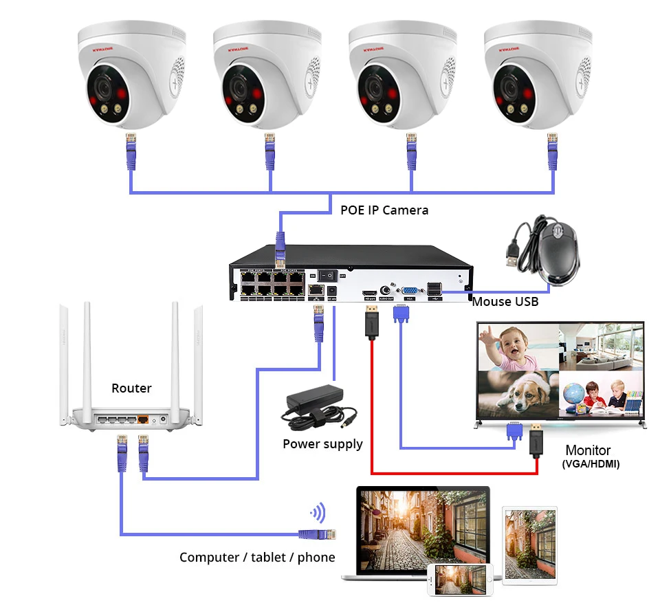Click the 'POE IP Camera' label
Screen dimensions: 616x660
coord(384,210)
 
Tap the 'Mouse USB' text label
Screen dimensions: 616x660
coord(505,301)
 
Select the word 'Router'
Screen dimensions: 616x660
coord(131,388)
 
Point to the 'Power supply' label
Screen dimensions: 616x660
coord(322,444)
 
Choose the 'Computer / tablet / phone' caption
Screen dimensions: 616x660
coord(257,557)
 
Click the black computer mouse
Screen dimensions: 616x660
coord(558,252)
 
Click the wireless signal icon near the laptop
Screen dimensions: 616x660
coord(318,512)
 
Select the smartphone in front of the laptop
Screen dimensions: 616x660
coord(461,580)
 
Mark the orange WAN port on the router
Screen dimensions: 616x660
coord(143,418)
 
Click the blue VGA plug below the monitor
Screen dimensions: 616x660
coord(513,432)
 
